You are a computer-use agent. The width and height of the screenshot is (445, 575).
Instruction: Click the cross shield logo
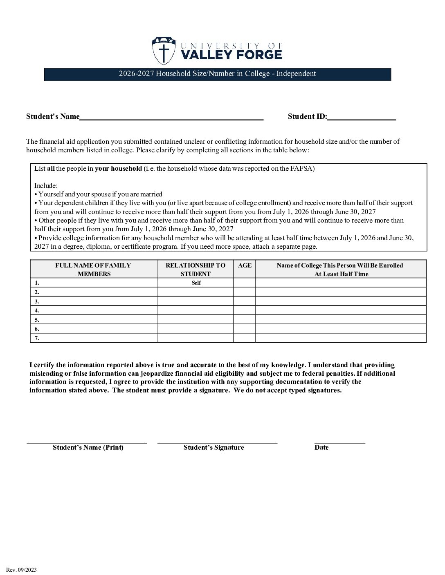pyautogui.click(x=164, y=51)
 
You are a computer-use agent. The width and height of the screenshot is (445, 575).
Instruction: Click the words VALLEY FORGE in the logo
pyautogui.click(x=231, y=55)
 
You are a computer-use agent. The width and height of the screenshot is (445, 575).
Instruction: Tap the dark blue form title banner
pyautogui.click(x=217, y=74)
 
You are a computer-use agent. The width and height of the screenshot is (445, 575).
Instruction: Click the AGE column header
pyautogui.click(x=245, y=265)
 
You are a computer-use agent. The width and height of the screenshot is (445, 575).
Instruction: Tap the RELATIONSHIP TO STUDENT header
pyautogui.click(x=196, y=270)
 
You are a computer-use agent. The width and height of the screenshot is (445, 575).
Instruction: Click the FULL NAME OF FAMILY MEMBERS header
pyautogui.click(x=94, y=270)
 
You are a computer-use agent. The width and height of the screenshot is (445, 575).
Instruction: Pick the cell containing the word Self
pyautogui.click(x=196, y=283)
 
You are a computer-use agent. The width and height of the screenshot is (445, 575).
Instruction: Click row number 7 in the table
pyautogui.click(x=37, y=338)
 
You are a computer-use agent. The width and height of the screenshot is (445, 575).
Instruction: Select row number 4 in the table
pyautogui.click(x=37, y=310)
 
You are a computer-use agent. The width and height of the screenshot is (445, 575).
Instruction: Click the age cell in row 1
pyautogui.click(x=245, y=283)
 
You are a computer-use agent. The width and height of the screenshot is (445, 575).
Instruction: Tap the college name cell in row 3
pyautogui.click(x=341, y=301)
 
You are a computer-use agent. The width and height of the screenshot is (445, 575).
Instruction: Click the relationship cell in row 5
pyautogui.click(x=196, y=320)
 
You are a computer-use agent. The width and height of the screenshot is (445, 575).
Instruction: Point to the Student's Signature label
pyautogui.click(x=214, y=448)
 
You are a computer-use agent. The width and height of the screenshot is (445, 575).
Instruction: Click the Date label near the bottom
pyautogui.click(x=321, y=448)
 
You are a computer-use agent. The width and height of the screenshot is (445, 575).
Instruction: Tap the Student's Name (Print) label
pyautogui.click(x=88, y=448)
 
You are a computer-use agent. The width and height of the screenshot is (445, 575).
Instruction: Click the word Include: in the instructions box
pyautogui.click(x=46, y=186)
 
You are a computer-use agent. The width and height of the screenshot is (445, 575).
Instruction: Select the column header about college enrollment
pyautogui.click(x=340, y=270)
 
